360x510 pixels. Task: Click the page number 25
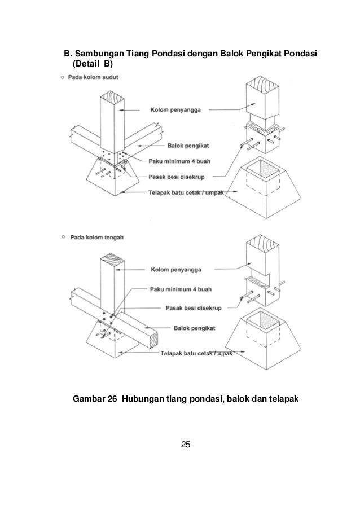pyautogui.click(x=185, y=446)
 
